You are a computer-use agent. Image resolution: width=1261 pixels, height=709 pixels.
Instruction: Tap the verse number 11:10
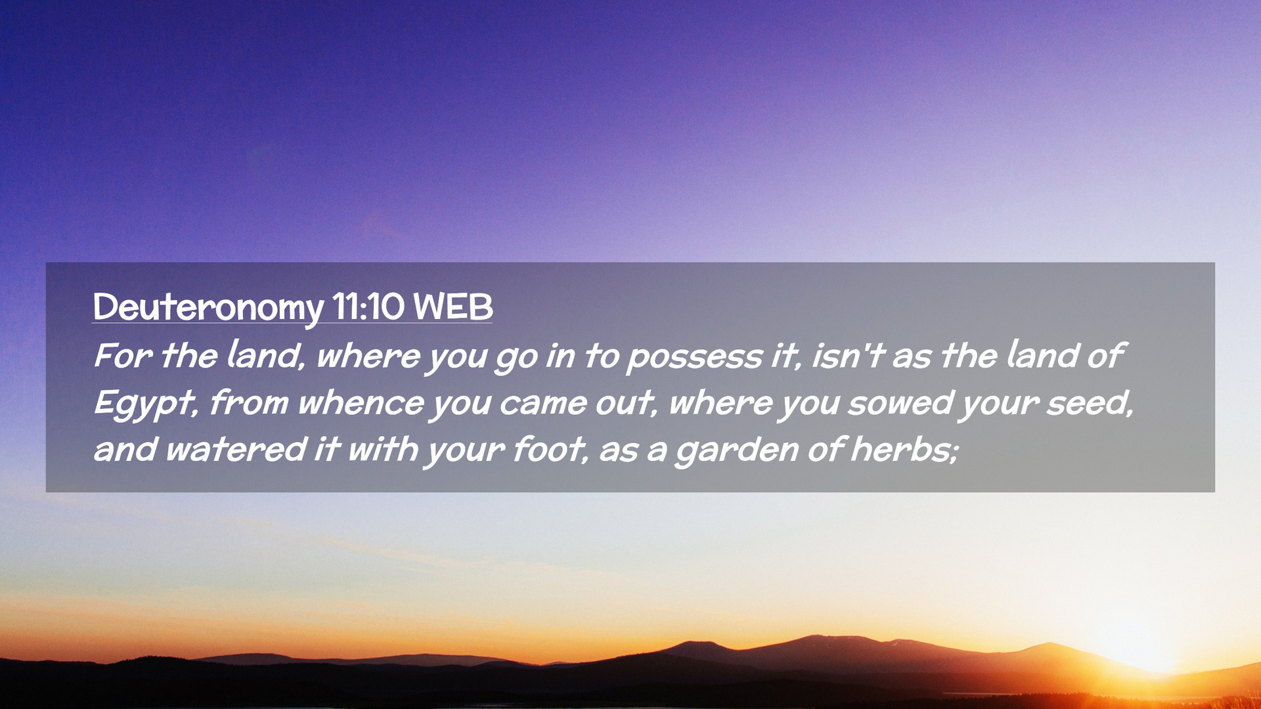coord(368,307)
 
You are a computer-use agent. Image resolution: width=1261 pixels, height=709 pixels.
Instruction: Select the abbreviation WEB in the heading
coord(453,307)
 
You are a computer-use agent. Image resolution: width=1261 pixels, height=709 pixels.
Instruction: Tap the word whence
coord(361,402)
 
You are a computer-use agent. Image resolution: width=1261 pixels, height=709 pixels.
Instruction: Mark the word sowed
coord(900,402)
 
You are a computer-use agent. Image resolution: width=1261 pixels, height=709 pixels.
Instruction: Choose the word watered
coord(236,450)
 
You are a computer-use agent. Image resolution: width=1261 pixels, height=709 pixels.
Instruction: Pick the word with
coord(383,450)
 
